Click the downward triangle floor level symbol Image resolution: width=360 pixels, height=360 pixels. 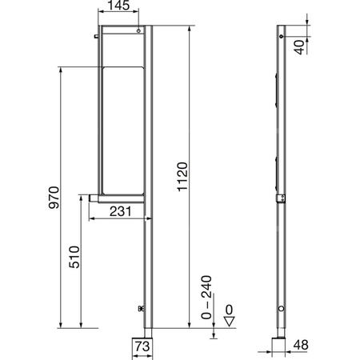point(228,322)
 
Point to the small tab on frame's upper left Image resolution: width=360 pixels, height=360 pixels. point(94,34)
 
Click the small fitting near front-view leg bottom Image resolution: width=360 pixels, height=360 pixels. point(141,308)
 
